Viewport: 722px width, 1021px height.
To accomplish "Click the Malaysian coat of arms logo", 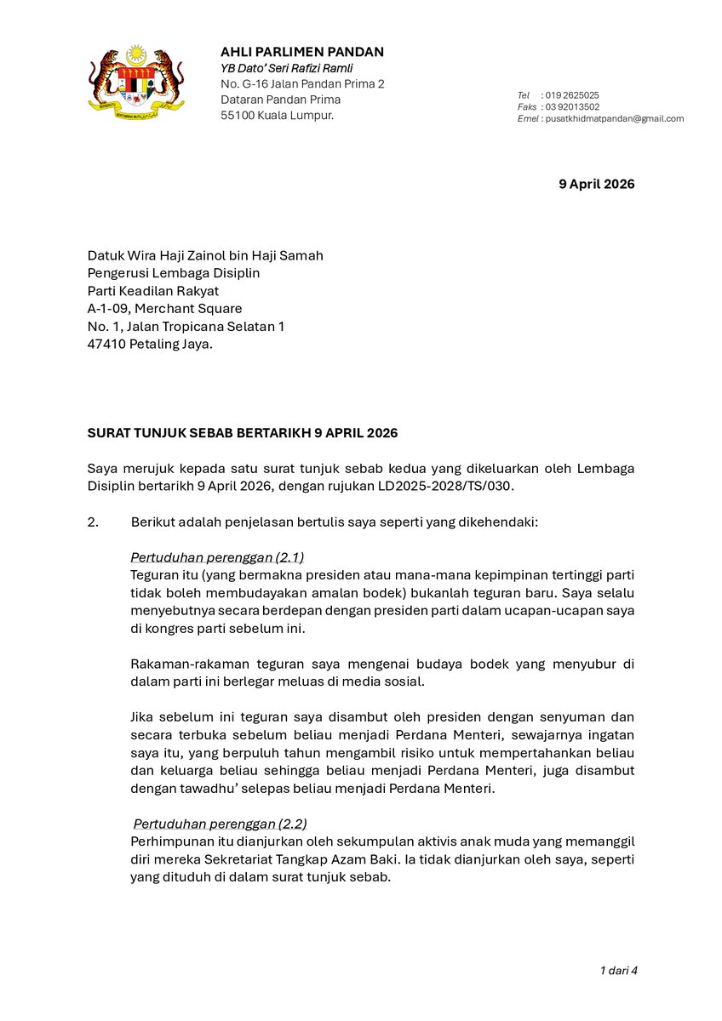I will point(136,83).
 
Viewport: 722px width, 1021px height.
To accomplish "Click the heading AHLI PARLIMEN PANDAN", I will point(301,52).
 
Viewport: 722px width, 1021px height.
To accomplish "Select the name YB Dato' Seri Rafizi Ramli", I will point(287,68).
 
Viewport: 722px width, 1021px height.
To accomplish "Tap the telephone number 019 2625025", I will point(571,94).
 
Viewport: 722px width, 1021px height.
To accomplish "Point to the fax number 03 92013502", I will point(572,106).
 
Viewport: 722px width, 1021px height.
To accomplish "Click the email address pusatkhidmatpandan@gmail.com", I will point(614,118).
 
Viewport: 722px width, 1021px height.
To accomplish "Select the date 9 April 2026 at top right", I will point(596,184).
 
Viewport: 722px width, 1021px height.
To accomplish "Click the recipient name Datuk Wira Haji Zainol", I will point(205,255).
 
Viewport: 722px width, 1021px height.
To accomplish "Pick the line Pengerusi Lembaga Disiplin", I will point(174,273).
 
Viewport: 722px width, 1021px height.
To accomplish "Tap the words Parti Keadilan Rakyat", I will point(153,291).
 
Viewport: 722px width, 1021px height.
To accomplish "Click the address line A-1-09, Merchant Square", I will point(164,309).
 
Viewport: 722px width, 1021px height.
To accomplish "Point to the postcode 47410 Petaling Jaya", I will point(150,345).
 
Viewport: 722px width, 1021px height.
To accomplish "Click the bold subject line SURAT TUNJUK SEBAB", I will point(242,432).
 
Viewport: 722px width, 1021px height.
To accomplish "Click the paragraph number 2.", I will point(92,522).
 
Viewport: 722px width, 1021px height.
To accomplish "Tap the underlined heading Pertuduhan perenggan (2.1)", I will point(217,557).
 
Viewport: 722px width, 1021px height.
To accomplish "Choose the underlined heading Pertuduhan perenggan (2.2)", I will point(220,824).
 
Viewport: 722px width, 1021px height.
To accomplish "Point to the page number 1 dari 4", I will point(618,970).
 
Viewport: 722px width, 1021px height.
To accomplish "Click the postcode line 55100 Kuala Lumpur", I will point(277,115).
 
